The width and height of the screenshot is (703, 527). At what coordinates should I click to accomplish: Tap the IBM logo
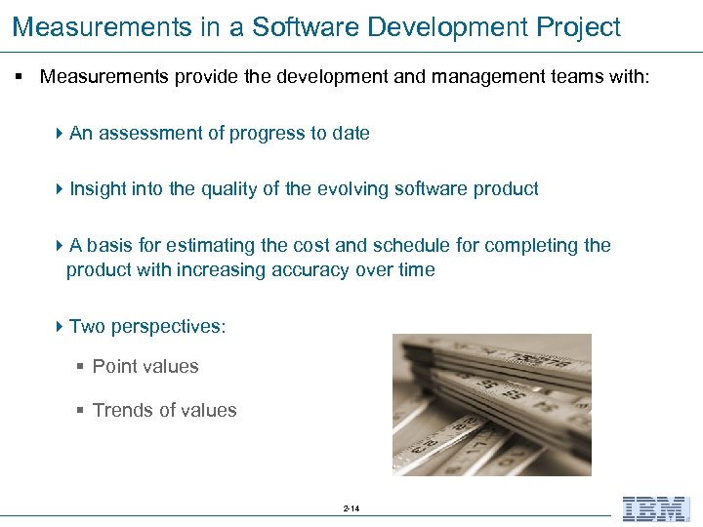[x=655, y=508]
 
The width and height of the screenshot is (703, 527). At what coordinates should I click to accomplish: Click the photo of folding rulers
[x=491, y=404]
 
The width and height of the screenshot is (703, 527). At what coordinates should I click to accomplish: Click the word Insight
[x=96, y=189]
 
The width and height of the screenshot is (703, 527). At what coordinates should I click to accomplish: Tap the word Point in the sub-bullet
[x=113, y=367]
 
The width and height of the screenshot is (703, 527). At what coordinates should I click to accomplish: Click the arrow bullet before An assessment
[x=61, y=134]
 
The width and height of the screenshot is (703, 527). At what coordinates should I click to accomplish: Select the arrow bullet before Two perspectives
[x=61, y=326]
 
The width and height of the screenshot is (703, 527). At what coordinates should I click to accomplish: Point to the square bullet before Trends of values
[x=81, y=410]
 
